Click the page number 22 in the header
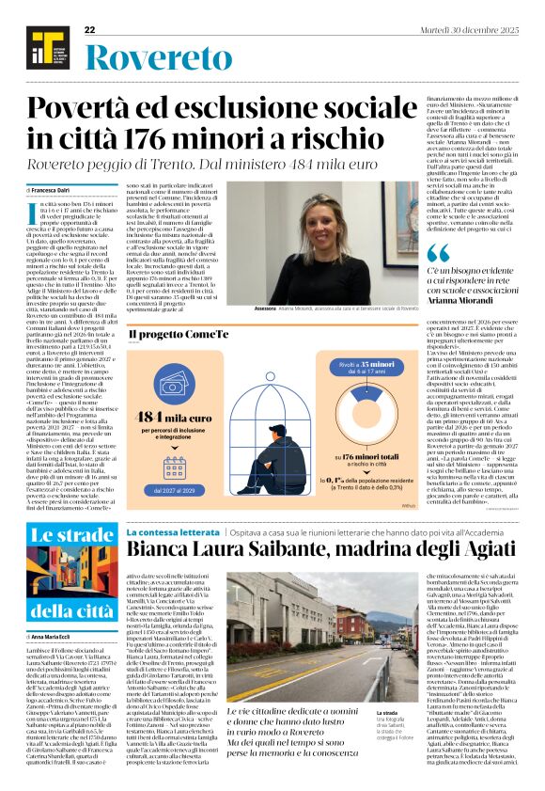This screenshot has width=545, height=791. (90, 29)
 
